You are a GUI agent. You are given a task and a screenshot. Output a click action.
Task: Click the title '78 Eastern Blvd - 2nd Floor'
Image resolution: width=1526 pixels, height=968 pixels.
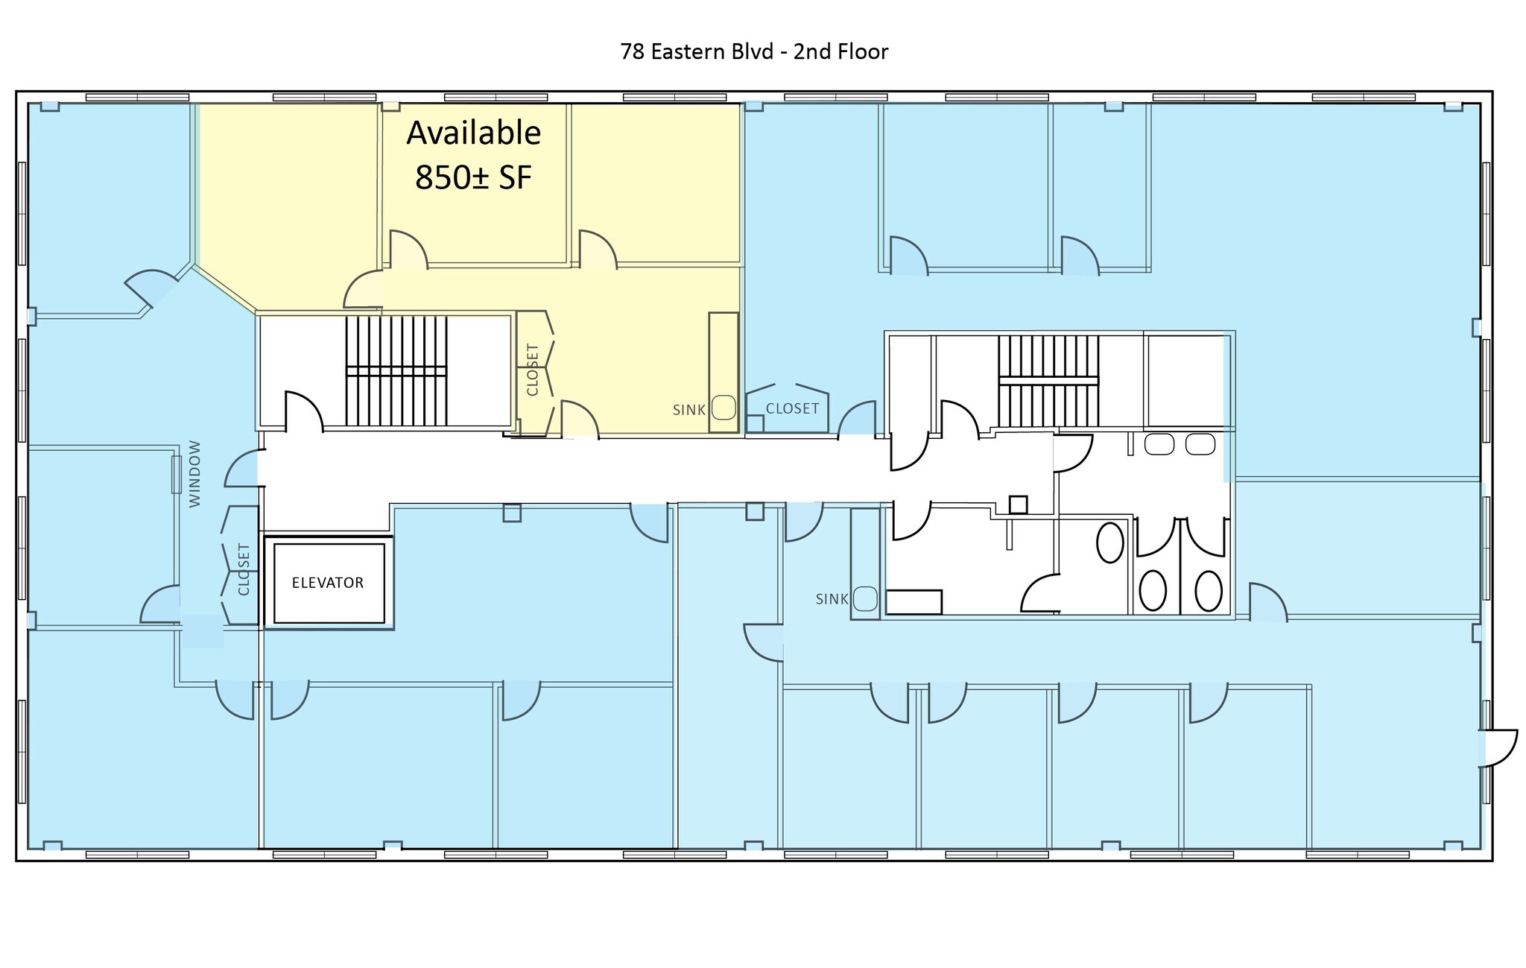(x=754, y=51)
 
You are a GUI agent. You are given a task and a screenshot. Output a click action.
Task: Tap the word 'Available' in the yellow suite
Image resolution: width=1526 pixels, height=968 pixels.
(x=473, y=133)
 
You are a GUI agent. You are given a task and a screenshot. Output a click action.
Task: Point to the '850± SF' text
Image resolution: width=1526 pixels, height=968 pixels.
(x=473, y=177)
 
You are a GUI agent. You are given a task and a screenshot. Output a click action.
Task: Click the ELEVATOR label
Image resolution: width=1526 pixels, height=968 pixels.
(x=328, y=583)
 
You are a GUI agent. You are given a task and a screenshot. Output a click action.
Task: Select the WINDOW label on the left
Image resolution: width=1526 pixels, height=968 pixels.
(x=195, y=474)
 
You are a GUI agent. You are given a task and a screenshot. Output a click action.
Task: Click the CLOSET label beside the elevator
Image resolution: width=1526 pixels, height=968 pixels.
(x=244, y=569)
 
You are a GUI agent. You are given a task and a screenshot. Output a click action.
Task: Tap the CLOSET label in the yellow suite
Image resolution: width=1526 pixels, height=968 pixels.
(x=532, y=370)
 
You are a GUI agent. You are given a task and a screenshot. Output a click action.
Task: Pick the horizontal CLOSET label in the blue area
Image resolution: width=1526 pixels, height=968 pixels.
(x=792, y=408)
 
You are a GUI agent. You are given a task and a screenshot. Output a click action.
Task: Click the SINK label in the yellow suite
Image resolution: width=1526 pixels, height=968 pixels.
(x=689, y=410)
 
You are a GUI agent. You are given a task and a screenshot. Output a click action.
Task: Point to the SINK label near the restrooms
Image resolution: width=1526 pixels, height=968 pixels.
(x=832, y=599)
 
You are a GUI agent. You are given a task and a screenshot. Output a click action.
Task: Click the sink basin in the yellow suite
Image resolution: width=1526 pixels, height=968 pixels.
(x=724, y=408)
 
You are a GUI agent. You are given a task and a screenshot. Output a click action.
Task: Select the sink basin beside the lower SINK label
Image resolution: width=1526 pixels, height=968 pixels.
(x=865, y=598)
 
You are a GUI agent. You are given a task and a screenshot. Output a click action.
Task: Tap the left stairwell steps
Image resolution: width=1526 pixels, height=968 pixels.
(x=396, y=370)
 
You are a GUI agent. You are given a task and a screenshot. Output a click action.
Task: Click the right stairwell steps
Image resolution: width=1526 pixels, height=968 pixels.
(x=1048, y=380)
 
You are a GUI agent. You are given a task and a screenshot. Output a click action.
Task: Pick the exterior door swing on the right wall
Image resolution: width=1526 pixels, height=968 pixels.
(x=1498, y=748)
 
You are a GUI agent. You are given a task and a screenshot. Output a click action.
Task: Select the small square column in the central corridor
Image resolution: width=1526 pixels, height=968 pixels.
(x=1018, y=504)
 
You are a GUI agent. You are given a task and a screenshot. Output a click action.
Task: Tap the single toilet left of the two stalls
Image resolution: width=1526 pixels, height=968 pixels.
(x=1110, y=542)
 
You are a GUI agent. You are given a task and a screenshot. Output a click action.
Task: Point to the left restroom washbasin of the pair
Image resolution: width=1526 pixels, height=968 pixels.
(x=1159, y=444)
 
